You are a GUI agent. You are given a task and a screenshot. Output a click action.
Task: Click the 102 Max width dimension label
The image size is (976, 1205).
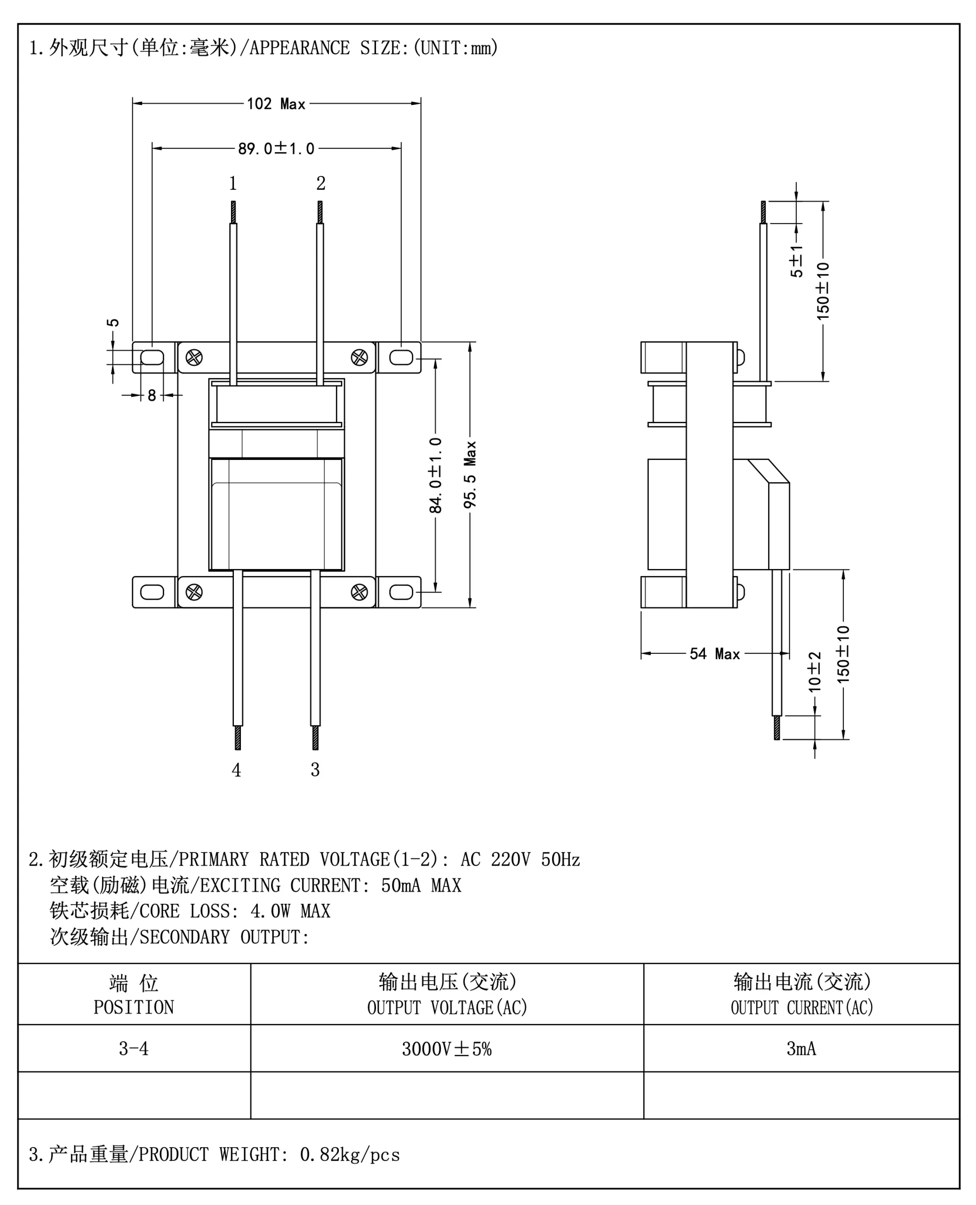tap(276, 104)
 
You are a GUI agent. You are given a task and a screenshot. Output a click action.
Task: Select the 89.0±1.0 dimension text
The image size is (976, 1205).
tap(276, 148)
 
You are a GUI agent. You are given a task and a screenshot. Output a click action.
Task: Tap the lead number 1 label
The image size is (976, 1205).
tap(233, 183)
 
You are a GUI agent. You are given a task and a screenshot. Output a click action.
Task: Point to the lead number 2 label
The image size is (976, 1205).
tap(320, 183)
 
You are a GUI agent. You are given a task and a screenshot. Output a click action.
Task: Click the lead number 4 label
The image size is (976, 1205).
tap(236, 770)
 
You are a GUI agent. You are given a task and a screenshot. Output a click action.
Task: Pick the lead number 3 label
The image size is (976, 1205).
tap(315, 770)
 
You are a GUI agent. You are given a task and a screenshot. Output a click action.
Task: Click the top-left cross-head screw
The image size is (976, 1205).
tap(194, 358)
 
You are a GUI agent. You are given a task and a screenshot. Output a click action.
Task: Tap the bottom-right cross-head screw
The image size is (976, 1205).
tap(359, 592)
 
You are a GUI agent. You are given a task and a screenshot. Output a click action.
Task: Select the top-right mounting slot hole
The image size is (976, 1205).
tap(401, 358)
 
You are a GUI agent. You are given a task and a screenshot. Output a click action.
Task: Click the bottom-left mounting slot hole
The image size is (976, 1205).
tap(152, 592)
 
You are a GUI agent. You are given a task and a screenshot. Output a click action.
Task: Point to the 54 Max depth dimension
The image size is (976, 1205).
tap(714, 654)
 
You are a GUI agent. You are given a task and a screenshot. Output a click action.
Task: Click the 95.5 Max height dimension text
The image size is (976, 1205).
tap(470, 474)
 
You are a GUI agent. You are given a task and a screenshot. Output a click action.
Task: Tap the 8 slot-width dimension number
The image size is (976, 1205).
tap(152, 396)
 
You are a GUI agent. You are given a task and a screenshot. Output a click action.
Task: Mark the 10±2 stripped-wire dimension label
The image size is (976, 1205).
tap(815, 672)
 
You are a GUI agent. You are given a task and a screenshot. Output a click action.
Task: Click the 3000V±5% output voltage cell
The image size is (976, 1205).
tap(447, 1049)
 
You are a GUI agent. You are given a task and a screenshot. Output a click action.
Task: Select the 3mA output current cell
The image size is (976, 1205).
tap(801, 1049)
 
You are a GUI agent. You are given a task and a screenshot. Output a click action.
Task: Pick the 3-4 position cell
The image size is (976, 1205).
tap(134, 1049)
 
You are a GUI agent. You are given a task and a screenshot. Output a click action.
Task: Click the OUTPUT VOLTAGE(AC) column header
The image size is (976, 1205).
tap(447, 1008)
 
